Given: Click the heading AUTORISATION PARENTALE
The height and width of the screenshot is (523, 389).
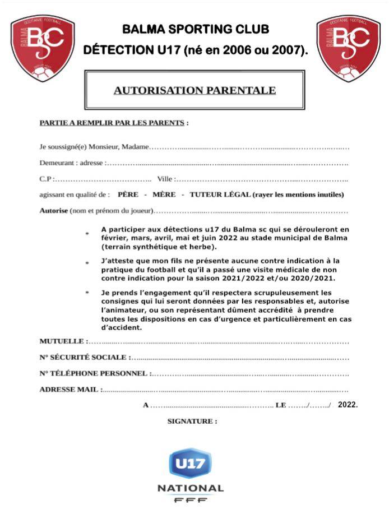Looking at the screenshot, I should point(194,90).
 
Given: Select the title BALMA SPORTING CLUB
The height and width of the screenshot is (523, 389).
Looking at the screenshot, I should point(196,29).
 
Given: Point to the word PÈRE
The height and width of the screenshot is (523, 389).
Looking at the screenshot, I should point(128,195).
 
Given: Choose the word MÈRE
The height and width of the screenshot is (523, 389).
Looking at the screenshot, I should point(164,195).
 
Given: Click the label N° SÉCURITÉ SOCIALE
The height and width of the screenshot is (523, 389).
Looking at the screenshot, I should point(84,357).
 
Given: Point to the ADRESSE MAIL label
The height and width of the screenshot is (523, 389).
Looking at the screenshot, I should point(69,389).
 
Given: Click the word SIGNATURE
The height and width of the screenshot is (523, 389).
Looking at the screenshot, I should point(192,421).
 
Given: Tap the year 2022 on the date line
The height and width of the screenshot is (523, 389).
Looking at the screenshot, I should point(347,404).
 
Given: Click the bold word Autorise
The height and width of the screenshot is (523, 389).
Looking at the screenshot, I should point(54,211).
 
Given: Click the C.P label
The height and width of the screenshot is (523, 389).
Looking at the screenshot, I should point(46,179).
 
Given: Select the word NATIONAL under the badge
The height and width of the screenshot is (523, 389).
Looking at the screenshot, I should point(191,488).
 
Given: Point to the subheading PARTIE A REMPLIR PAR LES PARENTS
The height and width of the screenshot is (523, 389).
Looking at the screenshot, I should point(112,123).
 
